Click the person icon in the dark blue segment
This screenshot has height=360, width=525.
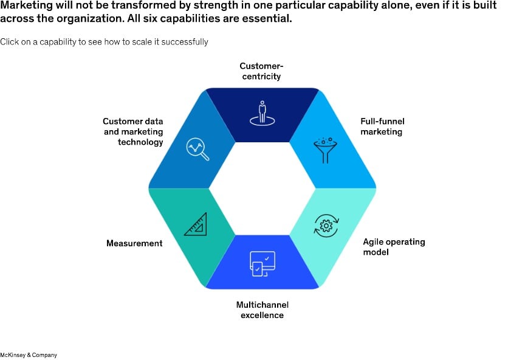pyautogui.click(x=262, y=113)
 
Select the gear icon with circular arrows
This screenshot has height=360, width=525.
pyautogui.click(x=325, y=226)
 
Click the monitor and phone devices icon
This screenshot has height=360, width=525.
pyautogui.click(x=262, y=263)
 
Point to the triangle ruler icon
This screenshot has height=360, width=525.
pyautogui.click(x=196, y=224)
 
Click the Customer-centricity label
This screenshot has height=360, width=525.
pyautogui.click(x=261, y=71)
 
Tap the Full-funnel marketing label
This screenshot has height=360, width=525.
pyautogui.click(x=382, y=126)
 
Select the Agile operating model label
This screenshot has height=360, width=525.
pyautogui.click(x=394, y=246)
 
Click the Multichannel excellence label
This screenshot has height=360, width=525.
pyautogui.click(x=262, y=310)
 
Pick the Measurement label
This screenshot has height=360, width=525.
pyautogui.click(x=134, y=243)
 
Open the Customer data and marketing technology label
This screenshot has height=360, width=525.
pyautogui.click(x=132, y=131)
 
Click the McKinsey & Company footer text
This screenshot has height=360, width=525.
pyautogui.click(x=29, y=355)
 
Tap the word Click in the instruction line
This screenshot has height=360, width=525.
pyautogui.click(x=10, y=42)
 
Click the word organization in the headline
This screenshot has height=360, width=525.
pyautogui.click(x=89, y=18)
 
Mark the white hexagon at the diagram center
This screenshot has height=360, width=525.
pyautogui.click(x=262, y=189)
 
